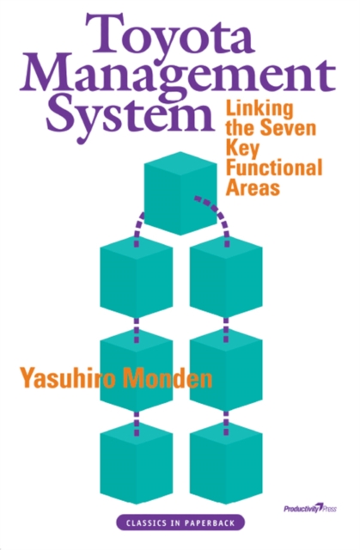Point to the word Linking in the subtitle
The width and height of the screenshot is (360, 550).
pyautogui.click(x=256, y=111)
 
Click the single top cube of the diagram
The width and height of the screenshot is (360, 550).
pyautogui.click(x=179, y=193)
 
